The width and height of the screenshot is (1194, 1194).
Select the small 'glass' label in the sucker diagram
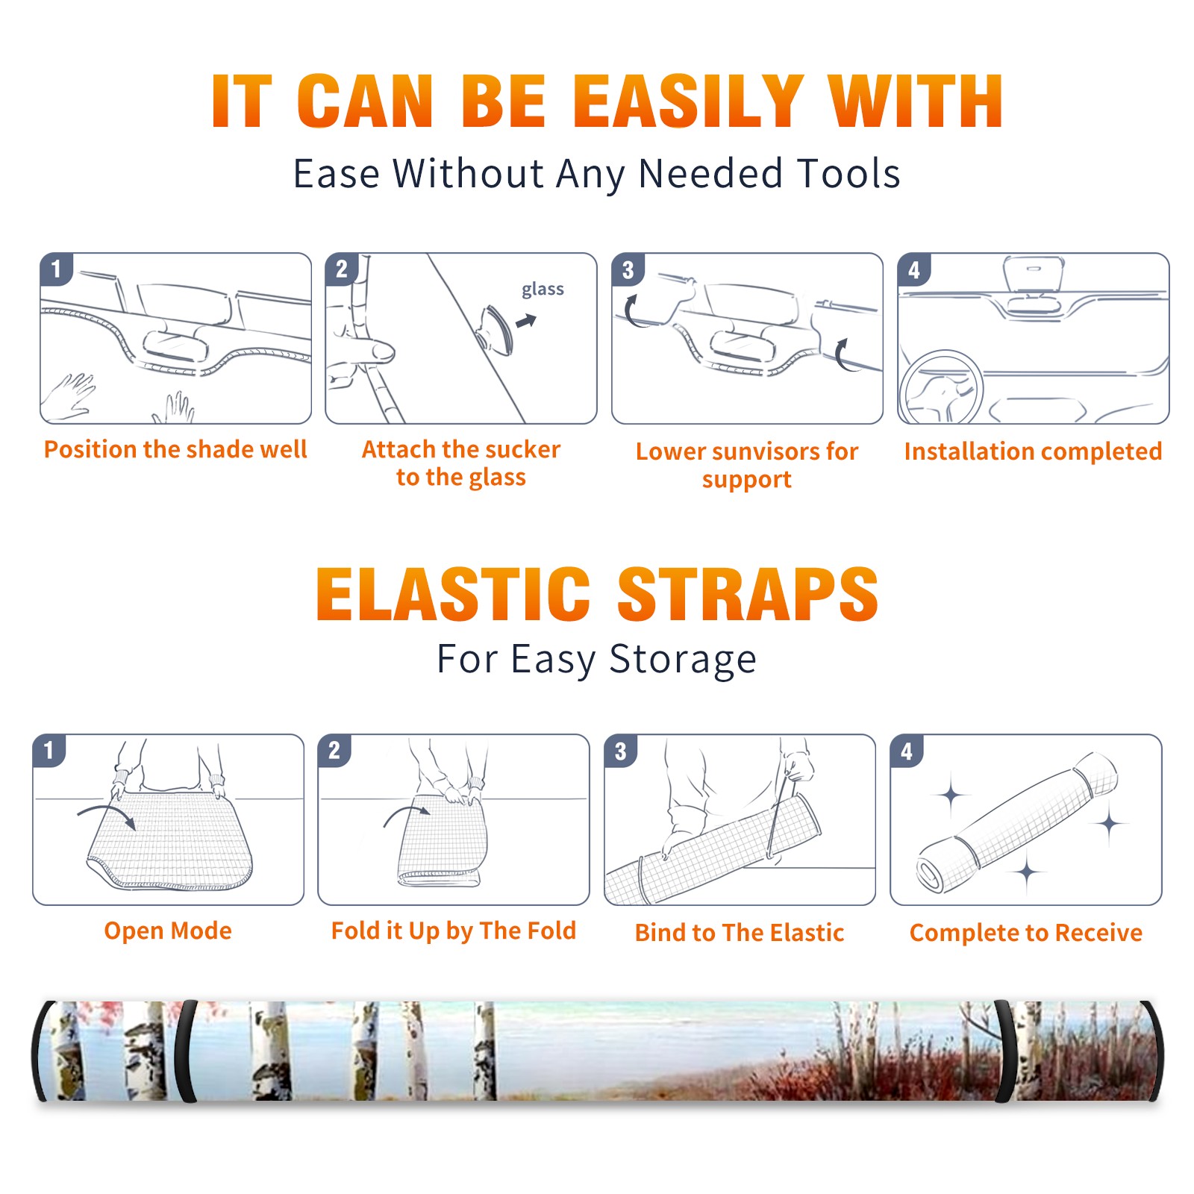543,289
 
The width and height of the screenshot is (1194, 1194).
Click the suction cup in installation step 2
496,329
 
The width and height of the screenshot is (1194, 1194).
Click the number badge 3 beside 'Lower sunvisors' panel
628,269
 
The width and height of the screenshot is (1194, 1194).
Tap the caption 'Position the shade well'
175,449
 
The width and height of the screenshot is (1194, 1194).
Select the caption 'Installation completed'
1033,451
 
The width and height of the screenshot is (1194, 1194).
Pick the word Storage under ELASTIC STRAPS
683,660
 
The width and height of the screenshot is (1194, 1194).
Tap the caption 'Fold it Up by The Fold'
454,931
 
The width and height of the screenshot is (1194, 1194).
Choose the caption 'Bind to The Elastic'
740,932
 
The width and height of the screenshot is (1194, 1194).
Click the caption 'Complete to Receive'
1026,933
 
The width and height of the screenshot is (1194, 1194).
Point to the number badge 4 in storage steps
907,751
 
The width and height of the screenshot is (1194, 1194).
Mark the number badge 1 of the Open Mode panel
49,750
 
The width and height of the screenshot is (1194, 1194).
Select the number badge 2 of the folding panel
334,750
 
